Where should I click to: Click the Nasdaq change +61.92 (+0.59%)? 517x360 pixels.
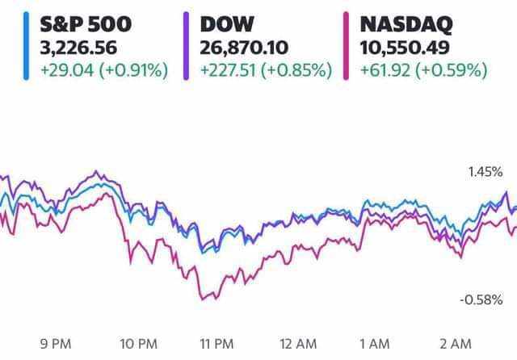(x=419, y=70)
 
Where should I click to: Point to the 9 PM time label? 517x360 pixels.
(x=61, y=343)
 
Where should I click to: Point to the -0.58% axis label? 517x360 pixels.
(x=483, y=300)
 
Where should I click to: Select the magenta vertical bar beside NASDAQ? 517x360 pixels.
(x=346, y=47)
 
